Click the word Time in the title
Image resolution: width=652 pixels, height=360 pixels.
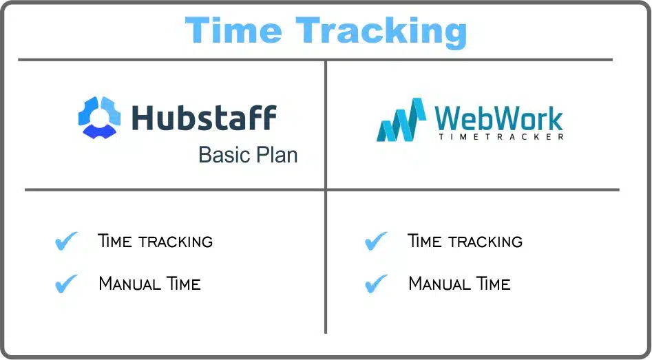click(233, 30)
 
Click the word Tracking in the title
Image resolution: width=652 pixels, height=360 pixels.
click(381, 33)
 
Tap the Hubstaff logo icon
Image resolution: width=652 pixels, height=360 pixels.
click(99, 117)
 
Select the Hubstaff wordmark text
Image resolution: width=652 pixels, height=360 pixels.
click(204, 118)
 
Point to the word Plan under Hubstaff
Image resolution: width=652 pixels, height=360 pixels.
click(277, 155)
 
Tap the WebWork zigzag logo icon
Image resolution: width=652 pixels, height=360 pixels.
click(401, 120)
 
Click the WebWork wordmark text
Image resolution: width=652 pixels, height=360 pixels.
click(498, 118)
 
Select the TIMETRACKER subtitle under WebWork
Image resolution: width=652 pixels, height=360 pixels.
click(501, 136)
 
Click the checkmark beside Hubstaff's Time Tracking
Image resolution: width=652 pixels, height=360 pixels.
click(66, 241)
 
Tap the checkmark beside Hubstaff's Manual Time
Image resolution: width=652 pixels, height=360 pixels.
click(66, 284)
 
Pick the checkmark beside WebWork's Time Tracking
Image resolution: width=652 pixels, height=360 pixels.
click(376, 241)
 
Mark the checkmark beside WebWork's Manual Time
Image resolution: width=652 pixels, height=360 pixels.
click(376, 284)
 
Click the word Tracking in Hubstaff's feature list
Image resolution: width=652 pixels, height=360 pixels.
click(176, 242)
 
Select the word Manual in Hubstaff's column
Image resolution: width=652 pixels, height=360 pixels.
click(129, 284)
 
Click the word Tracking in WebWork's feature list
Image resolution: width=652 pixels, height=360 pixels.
click(485, 242)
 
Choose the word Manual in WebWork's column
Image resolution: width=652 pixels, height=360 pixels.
click(439, 284)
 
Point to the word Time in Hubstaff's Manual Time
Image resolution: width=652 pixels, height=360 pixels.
click(184, 284)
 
